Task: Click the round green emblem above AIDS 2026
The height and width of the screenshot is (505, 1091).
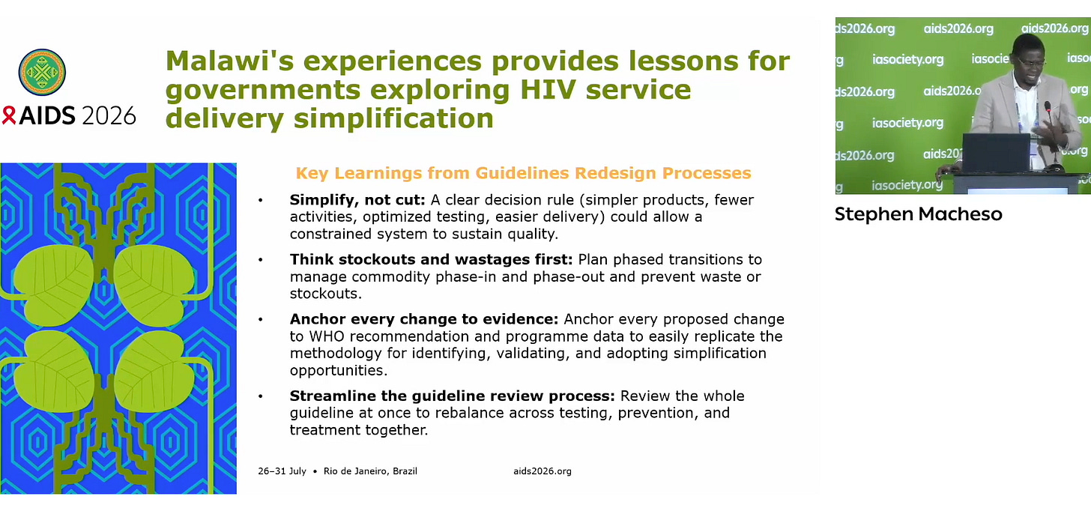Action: [x=42, y=72]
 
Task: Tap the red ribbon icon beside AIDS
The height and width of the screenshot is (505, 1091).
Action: [x=9, y=115]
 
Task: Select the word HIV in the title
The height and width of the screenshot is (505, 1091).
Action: [x=548, y=90]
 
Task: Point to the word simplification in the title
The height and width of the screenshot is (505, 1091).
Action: [x=393, y=118]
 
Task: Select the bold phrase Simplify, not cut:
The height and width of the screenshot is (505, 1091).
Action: [x=357, y=200]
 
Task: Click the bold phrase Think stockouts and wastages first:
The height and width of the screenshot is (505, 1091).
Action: [x=431, y=259]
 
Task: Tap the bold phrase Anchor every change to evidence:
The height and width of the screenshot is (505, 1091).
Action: [x=424, y=319]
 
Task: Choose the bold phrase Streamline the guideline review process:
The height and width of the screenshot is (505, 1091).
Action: [x=453, y=396]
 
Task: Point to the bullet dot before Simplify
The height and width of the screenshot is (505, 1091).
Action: [x=261, y=200]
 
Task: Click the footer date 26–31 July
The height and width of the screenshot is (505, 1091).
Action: [x=282, y=471]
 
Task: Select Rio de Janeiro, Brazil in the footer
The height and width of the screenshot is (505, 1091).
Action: [x=370, y=471]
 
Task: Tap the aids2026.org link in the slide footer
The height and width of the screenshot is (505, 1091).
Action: [x=542, y=471]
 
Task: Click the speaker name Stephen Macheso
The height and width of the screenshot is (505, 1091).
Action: [x=918, y=214]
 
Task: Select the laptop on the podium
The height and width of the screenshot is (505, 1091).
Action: [x=996, y=152]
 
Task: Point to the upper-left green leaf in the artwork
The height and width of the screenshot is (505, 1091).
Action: [x=55, y=285]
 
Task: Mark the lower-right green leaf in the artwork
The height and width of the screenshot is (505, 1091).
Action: [x=154, y=372]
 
